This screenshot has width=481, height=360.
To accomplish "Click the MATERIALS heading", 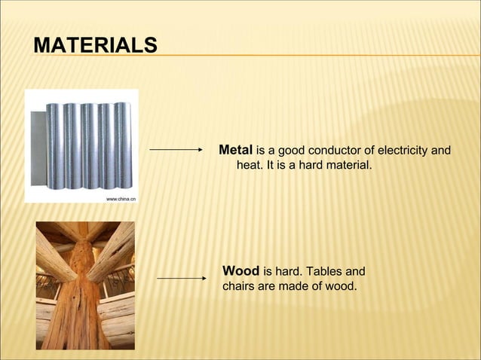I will tap(95, 44).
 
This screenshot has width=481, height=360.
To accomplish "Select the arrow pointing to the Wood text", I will tap(181, 278).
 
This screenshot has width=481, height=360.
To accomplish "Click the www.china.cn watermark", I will tap(121, 199).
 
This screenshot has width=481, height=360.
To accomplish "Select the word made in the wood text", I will tap(298, 285).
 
